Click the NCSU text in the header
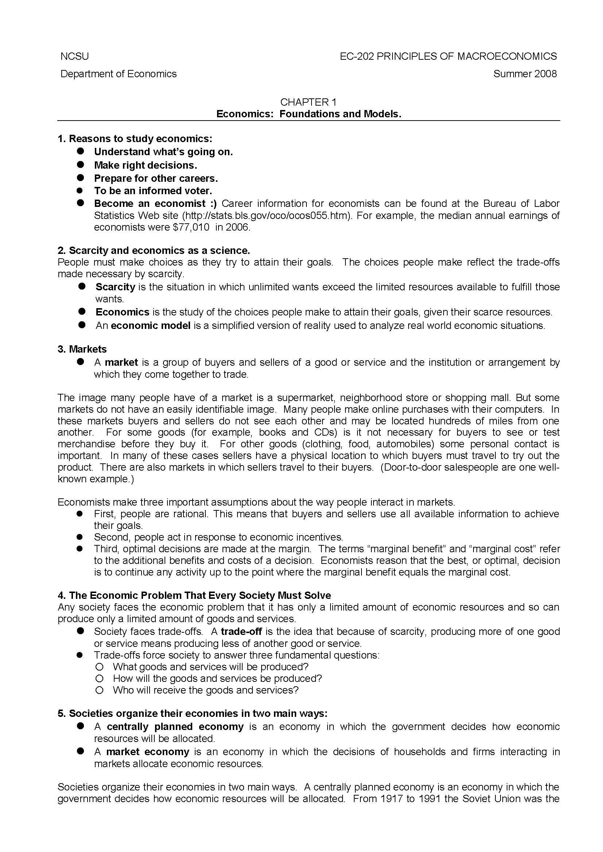[74, 56]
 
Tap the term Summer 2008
[525, 74]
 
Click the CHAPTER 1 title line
[308, 102]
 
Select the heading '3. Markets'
[82, 349]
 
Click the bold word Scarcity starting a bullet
[115, 287]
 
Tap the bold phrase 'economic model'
[150, 325]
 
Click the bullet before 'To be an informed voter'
[80, 191]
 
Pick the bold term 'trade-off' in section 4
[241, 631]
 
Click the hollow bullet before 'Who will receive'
[99, 690]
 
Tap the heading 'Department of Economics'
[119, 74]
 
